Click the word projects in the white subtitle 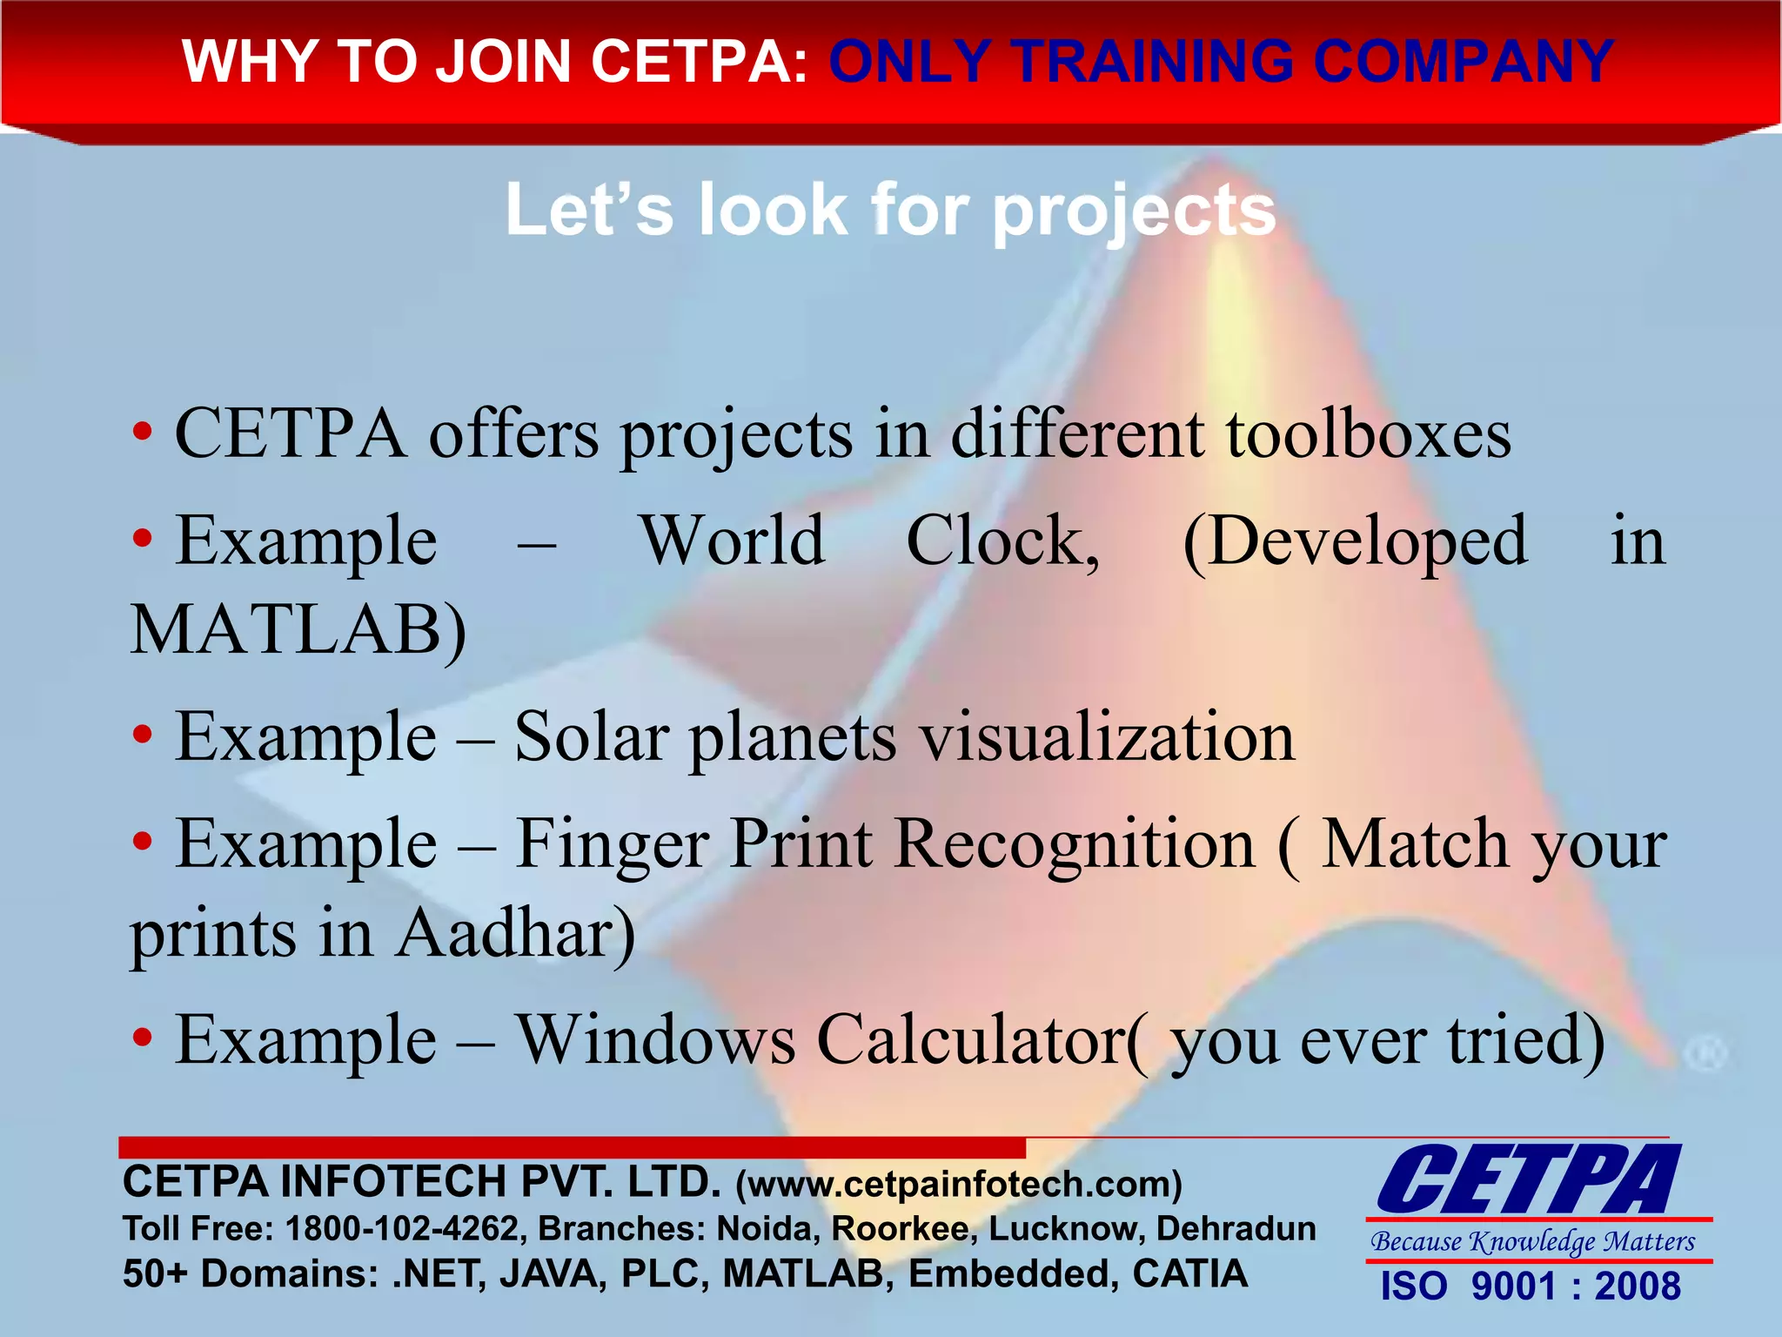[1134, 212]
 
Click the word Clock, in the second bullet [1002, 541]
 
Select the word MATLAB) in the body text [298, 630]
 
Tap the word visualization [1108, 737]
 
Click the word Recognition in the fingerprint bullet [1075, 844]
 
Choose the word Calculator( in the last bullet [982, 1040]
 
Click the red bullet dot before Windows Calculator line [143, 1038]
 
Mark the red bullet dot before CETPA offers [143, 432]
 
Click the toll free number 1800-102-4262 [403, 1229]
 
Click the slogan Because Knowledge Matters [1532, 1241]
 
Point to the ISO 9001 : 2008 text [1531, 1287]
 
